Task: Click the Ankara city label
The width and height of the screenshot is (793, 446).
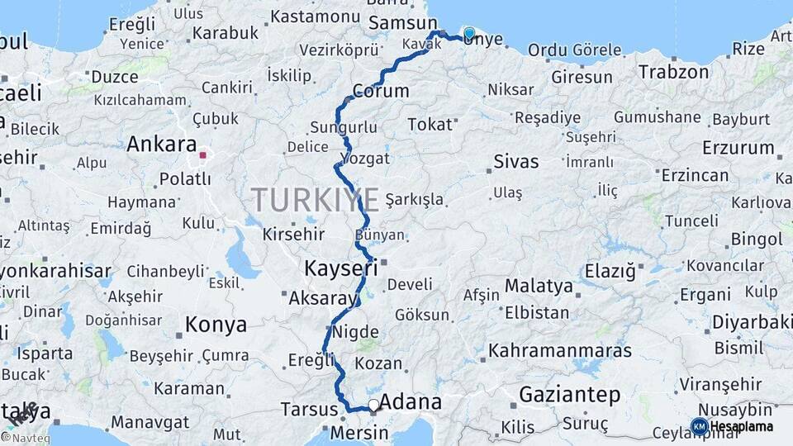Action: (161, 144)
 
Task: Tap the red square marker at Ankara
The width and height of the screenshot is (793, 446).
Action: (203, 154)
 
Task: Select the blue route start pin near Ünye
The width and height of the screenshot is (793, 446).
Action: (469, 34)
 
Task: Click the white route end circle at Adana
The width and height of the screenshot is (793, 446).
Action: (374, 406)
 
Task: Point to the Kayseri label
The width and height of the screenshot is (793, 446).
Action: (340, 268)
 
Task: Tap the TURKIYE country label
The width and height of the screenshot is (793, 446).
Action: (316, 200)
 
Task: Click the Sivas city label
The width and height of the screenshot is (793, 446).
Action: (515, 161)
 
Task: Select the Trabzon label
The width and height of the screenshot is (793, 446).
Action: (672, 72)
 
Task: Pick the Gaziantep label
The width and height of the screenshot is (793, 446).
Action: (569, 395)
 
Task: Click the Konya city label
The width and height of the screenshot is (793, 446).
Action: (216, 325)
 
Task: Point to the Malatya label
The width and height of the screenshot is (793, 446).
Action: (539, 286)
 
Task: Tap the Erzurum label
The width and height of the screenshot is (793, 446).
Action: (738, 149)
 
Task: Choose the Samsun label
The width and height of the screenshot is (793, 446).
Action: (403, 23)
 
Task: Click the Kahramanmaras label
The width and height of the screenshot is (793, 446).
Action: (559, 350)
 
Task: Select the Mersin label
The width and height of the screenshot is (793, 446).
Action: (359, 433)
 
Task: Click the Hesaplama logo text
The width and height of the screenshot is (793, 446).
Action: (742, 427)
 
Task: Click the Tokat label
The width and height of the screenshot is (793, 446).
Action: (430, 125)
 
